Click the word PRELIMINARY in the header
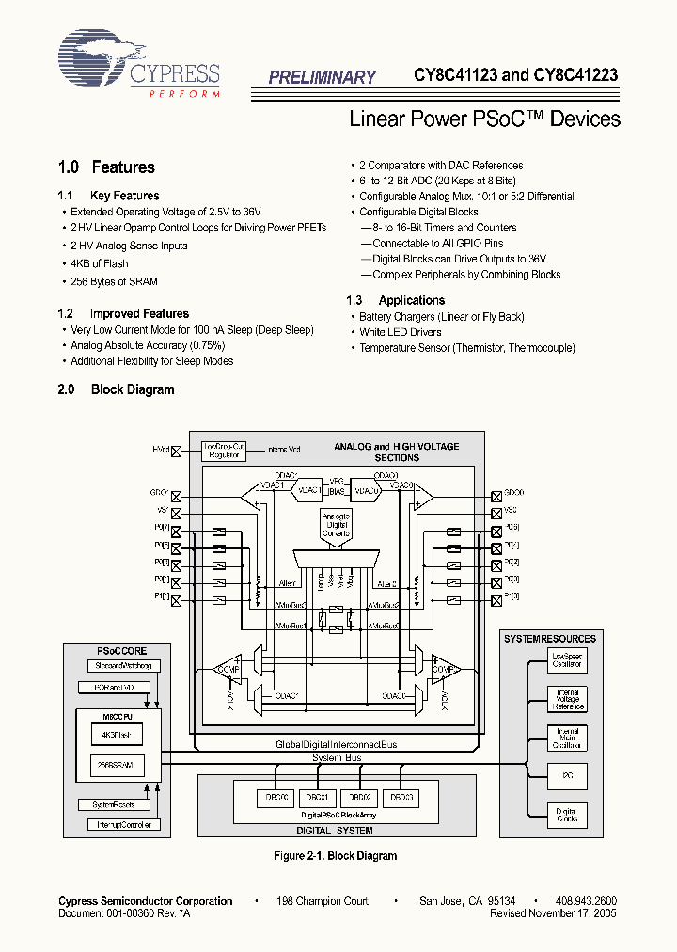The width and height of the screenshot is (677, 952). click(x=322, y=78)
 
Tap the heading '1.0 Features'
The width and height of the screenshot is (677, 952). click(x=106, y=167)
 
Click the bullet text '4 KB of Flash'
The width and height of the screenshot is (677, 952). click(x=99, y=263)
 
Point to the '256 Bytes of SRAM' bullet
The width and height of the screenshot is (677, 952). click(x=114, y=281)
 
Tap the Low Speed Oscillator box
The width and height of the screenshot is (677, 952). click(x=567, y=660)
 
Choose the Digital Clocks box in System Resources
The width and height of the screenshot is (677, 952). click(x=567, y=815)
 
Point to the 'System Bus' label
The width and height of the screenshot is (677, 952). click(x=337, y=757)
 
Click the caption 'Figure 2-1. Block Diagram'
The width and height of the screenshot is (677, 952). click(x=335, y=856)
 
